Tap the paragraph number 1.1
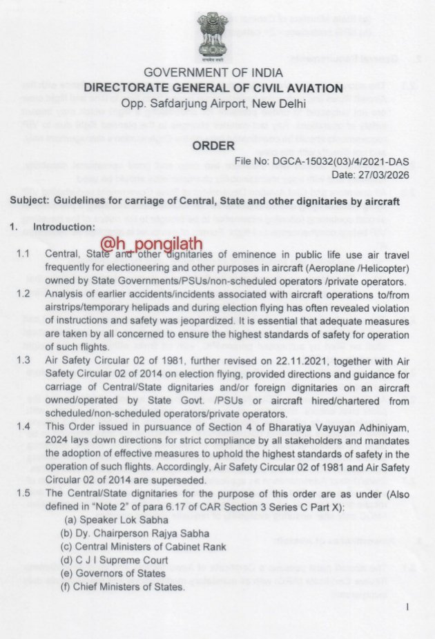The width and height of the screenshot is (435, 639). coord(23,255)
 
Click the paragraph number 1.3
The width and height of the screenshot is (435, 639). coord(23,360)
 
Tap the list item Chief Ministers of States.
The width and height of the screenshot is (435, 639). coord(123,587)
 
